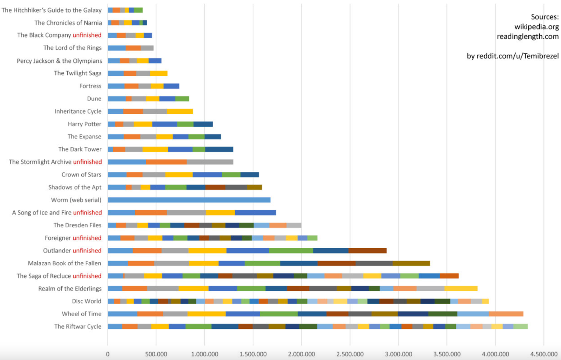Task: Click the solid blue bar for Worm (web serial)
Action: (189, 200)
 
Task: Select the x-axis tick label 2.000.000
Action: (301, 354)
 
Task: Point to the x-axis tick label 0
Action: (108, 354)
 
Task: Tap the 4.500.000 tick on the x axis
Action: (543, 354)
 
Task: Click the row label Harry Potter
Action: (85, 124)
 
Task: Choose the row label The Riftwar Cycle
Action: (78, 326)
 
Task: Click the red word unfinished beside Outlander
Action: (87, 251)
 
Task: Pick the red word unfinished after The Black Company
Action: (87, 35)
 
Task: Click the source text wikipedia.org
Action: (536, 27)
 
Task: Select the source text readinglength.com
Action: (528, 36)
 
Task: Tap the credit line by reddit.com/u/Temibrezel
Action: (513, 56)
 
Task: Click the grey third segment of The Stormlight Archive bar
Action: (210, 162)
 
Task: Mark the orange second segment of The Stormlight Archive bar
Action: (166, 162)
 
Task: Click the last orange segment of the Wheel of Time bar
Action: (506, 314)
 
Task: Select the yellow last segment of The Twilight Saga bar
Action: (158, 73)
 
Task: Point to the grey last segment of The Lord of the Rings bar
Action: (147, 48)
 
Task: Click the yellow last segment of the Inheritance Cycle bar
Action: (180, 111)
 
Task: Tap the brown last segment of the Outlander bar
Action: (367, 251)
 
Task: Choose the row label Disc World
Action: (87, 301)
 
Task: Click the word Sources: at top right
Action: (545, 17)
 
